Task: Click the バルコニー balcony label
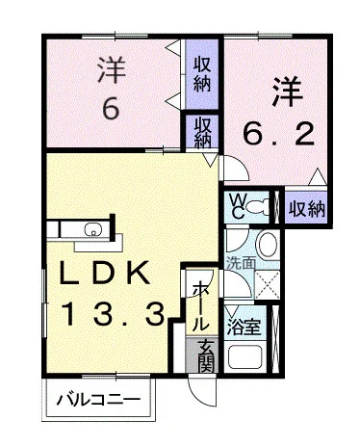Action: pos(98,397)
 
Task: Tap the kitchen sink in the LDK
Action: pos(92,228)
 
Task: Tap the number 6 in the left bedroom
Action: pos(112,108)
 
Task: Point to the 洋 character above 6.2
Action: pos(286,90)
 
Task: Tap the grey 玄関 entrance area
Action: pos(204,355)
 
